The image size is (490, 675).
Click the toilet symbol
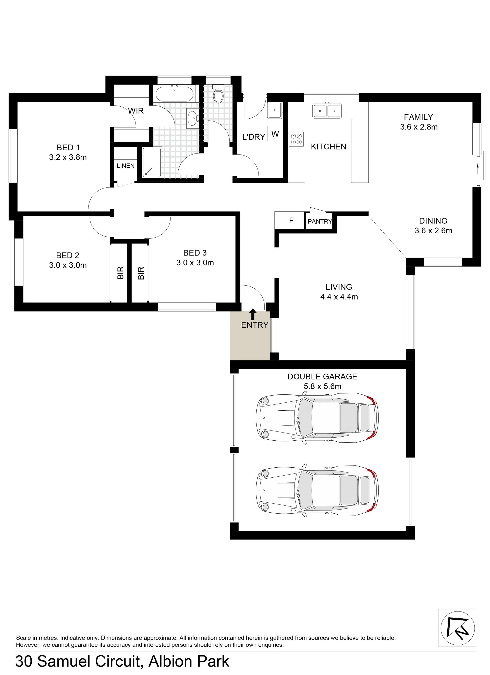[x=219, y=93]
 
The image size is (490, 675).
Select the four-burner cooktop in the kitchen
[x=296, y=139]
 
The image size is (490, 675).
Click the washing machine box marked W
[x=275, y=134]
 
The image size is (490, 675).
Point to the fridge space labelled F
[x=291, y=221]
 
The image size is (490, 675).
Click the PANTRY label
[x=320, y=221]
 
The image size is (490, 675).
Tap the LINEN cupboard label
[x=125, y=166]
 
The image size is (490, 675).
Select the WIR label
[x=136, y=111]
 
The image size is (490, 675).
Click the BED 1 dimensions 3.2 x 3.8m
[x=68, y=157]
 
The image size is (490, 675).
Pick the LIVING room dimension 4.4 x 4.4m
[x=339, y=297]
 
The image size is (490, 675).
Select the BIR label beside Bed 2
[x=120, y=273]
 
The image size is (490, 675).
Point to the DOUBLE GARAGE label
[x=322, y=376]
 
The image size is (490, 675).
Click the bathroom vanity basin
[x=192, y=118]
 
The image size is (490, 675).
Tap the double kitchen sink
[x=327, y=111]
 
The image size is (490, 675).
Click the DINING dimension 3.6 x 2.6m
[x=433, y=231]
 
